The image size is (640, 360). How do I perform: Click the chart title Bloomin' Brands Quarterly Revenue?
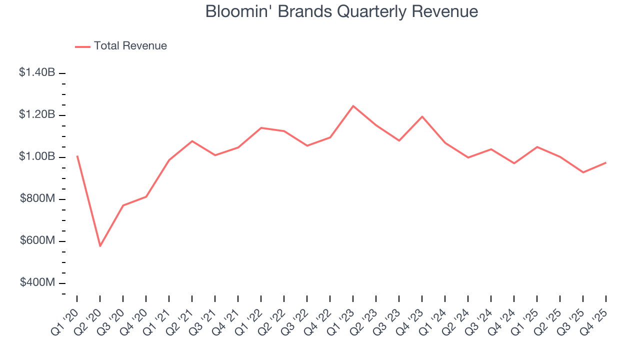point(341,11)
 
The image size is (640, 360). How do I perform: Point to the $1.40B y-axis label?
point(37,72)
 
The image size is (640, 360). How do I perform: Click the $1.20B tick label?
point(37,114)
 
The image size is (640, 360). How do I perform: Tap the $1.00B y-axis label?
point(37,156)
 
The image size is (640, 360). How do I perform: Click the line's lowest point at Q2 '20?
point(100,246)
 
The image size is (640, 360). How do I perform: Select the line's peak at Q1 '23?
point(353,106)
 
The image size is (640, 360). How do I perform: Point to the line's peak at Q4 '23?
point(422,116)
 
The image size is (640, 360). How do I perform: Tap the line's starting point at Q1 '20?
point(77,156)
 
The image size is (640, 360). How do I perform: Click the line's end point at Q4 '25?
point(606,162)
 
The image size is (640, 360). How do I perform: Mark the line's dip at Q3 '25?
point(583,172)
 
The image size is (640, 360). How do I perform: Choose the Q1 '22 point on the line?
point(261,127)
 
